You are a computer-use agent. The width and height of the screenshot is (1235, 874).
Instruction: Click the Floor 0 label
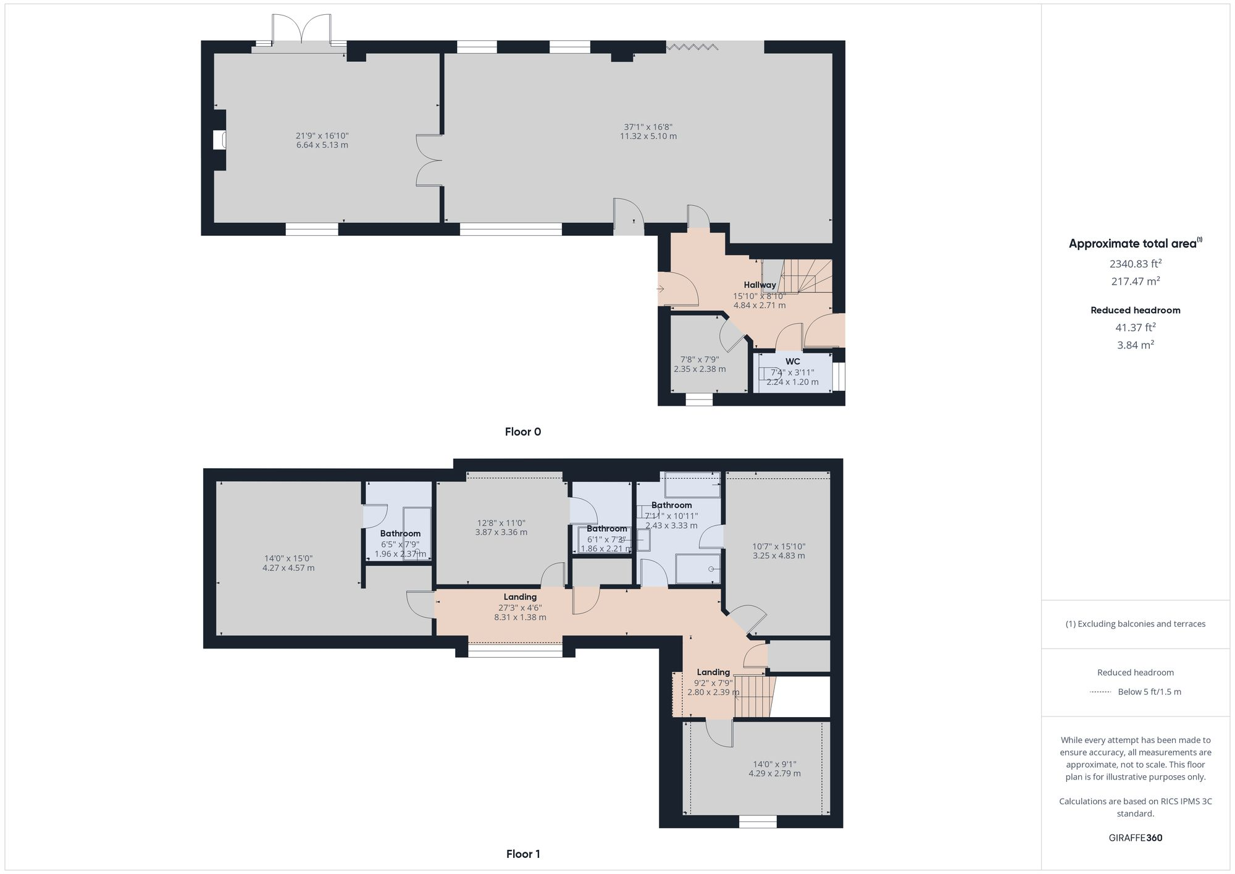click(x=522, y=432)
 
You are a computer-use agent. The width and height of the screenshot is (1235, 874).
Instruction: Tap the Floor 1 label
click(x=522, y=854)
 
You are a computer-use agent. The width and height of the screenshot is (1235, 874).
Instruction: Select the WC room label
click(x=792, y=362)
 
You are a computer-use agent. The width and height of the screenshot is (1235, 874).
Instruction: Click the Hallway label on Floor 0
click(x=760, y=285)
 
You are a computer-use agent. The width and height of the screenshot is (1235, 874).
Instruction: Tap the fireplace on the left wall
click(x=219, y=140)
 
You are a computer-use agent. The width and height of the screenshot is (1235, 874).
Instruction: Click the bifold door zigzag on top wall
click(x=692, y=46)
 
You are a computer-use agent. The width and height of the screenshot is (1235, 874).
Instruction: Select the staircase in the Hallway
click(x=803, y=276)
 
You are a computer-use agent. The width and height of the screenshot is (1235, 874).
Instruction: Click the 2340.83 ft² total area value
click(x=1135, y=264)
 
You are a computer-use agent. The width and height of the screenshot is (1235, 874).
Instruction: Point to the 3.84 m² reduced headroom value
click(x=1135, y=345)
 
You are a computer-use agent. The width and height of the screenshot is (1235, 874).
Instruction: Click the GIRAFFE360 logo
click(x=1135, y=838)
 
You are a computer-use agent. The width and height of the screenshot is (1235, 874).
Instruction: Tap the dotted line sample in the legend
click(x=1100, y=692)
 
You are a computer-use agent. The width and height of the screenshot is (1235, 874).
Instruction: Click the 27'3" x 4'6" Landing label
click(x=520, y=608)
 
